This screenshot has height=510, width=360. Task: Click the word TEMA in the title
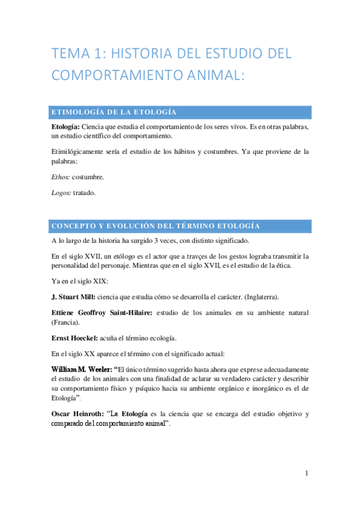pos(67,54)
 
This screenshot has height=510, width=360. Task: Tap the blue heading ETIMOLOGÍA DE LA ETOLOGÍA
pos(114,112)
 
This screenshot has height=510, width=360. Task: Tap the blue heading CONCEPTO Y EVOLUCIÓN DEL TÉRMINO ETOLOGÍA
pos(156,226)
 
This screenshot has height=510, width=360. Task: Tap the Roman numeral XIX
pos(96,281)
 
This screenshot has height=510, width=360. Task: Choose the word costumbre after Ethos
pos(88,178)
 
